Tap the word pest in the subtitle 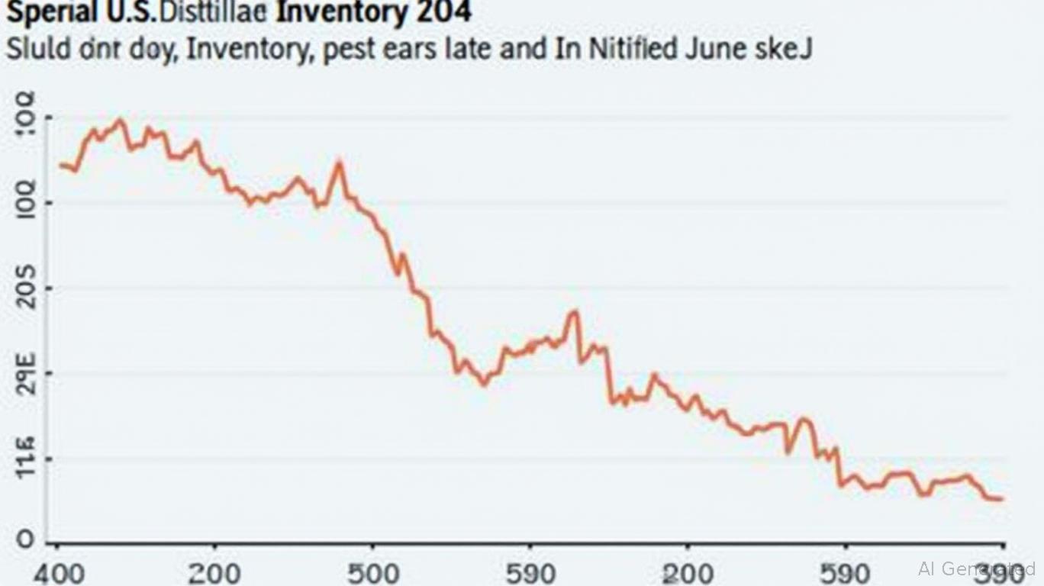pyautogui.click(x=350, y=50)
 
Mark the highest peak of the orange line pyautogui.click(x=119, y=119)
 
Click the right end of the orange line pyautogui.click(x=1001, y=500)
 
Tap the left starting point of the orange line pyautogui.click(x=61, y=164)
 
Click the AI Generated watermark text pyautogui.click(x=977, y=568)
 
